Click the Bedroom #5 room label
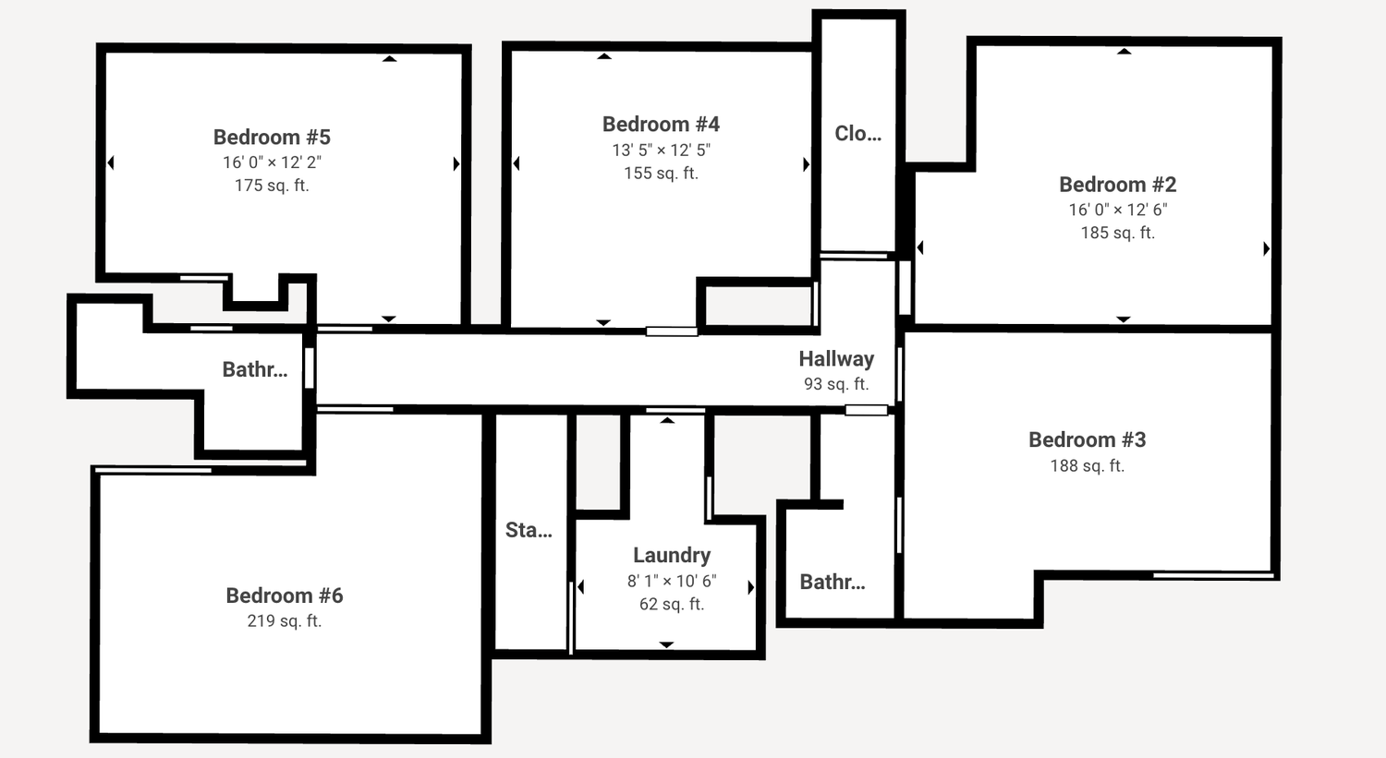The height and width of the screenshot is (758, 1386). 272,137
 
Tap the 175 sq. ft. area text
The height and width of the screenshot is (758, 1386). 272,186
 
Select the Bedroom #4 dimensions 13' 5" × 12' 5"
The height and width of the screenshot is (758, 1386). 661,150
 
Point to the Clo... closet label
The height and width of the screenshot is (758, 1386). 857,133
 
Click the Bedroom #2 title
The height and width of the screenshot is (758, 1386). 1117,185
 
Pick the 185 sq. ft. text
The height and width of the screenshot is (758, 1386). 1117,233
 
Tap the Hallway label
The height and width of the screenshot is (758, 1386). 836,359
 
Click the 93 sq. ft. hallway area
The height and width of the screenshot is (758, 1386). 836,384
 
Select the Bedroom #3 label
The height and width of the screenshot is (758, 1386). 1088,439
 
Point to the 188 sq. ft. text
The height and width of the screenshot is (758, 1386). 1088,465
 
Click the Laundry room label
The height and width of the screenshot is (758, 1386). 672,555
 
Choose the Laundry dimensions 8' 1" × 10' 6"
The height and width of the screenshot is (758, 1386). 672,581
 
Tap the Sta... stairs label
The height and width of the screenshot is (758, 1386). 529,530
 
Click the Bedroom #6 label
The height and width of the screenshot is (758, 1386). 284,596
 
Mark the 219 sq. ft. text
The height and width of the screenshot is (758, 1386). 284,620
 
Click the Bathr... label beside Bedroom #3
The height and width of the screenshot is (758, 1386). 833,582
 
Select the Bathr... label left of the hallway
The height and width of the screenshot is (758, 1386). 254,369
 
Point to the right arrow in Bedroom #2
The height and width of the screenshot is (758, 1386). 1267,248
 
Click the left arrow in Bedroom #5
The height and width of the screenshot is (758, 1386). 111,162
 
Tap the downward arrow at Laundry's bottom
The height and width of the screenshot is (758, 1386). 666,644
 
